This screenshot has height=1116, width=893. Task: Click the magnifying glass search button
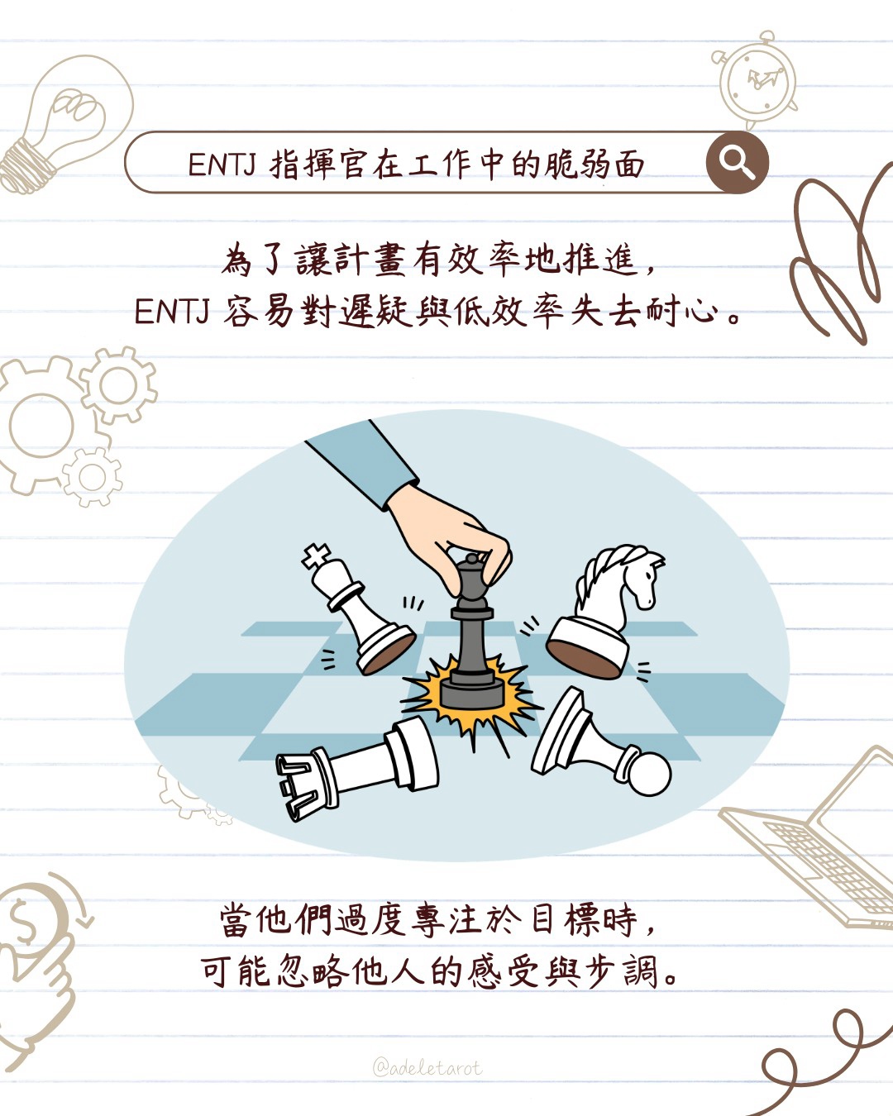737,162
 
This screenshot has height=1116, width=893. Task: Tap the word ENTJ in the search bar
222,165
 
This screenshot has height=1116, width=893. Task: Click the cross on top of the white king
317,556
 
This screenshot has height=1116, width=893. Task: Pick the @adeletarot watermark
427,1068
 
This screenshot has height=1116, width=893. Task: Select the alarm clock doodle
755,80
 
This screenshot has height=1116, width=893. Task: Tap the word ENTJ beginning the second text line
172,312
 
